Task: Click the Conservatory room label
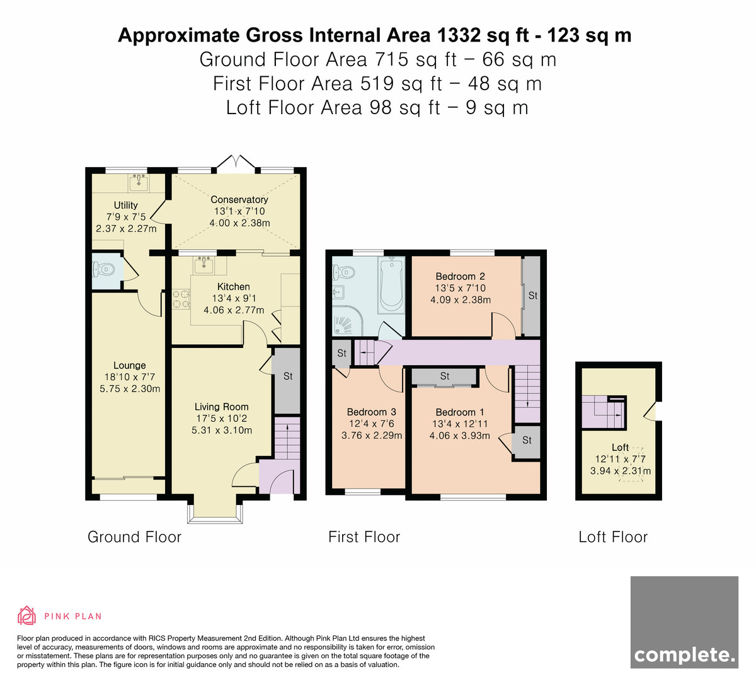click(239, 199)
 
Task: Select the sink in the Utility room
click(139, 183)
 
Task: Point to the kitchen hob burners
click(181, 298)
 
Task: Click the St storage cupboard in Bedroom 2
click(531, 296)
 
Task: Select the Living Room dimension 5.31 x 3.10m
click(222, 430)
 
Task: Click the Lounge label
click(130, 365)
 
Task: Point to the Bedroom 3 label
click(372, 412)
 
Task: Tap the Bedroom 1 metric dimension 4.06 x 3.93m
click(460, 436)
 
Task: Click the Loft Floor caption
click(613, 537)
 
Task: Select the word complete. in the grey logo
click(685, 654)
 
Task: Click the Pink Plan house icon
click(26, 616)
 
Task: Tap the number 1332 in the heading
click(458, 35)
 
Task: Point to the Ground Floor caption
click(135, 537)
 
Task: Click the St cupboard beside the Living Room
click(287, 381)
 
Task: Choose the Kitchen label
click(234, 286)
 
